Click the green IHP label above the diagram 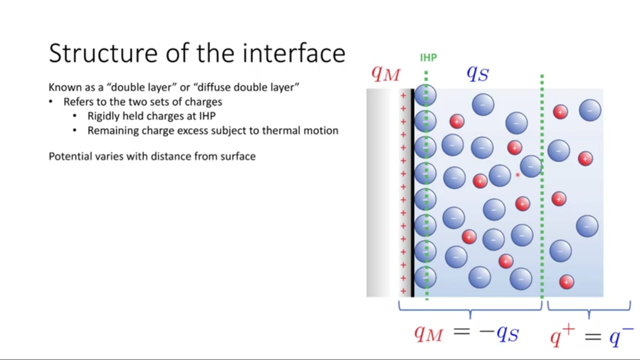pyautogui.click(x=428, y=57)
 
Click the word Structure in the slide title pyautogui.click(x=103, y=53)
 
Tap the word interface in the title pyautogui.click(x=294, y=53)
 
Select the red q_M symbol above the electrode pyautogui.click(x=385, y=73)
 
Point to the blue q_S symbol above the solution pyautogui.click(x=477, y=73)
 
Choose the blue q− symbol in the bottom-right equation pyautogui.click(x=621, y=336)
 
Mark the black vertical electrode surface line pyautogui.click(x=412, y=193)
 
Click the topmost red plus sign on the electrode pyautogui.click(x=403, y=95)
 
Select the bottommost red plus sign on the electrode pyautogui.click(x=403, y=291)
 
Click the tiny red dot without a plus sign pyautogui.click(x=517, y=175)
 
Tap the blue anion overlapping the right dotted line pyautogui.click(x=531, y=166)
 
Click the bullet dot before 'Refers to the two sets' pyautogui.click(x=50, y=101)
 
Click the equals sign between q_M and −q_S pyautogui.click(x=461, y=331)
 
